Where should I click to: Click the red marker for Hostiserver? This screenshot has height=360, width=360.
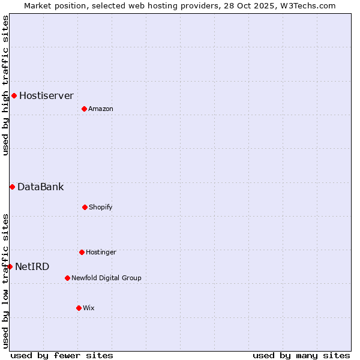(x=14, y=95)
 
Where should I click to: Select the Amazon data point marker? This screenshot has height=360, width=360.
(x=84, y=109)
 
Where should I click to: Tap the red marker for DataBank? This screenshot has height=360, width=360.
(x=12, y=187)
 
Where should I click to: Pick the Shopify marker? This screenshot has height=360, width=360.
(x=85, y=207)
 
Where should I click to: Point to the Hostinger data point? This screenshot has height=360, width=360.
(x=82, y=252)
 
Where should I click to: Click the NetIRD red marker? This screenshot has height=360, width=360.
(x=10, y=266)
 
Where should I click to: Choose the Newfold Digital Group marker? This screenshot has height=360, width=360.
(x=67, y=278)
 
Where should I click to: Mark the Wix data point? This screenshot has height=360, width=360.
(x=79, y=308)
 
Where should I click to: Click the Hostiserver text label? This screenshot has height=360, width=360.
(x=46, y=95)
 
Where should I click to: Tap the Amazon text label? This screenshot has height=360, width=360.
(x=101, y=109)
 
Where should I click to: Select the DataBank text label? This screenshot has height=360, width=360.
(x=40, y=187)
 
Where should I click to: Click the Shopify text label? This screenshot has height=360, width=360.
(x=101, y=207)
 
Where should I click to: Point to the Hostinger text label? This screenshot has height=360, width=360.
(x=101, y=252)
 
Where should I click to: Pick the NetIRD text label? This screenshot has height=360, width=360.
(x=32, y=266)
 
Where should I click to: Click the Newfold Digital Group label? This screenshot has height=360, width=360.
(x=106, y=278)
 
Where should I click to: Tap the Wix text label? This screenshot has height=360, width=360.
(x=89, y=308)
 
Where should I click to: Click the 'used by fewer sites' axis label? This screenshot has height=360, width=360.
(x=62, y=355)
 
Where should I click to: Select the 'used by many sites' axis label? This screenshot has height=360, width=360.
(x=301, y=355)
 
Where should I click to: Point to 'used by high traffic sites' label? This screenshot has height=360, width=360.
(x=5, y=85)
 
